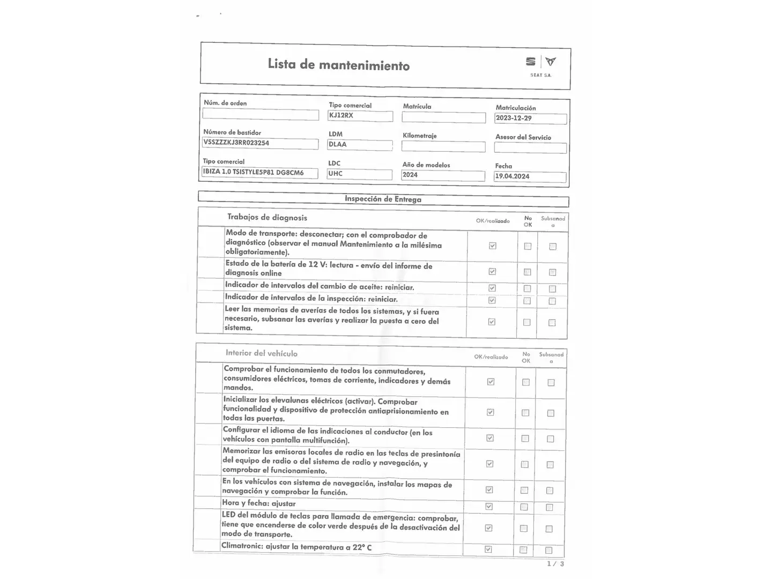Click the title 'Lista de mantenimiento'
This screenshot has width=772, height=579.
coord(338,65)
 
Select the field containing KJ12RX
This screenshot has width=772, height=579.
coord(360,116)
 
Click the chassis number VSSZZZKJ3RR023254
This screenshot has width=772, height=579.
coord(260,143)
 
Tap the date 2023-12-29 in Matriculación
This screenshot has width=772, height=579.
coord(530,118)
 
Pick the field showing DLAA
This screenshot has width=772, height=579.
coord(359,145)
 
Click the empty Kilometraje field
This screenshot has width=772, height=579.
coord(443,146)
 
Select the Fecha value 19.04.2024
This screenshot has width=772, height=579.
coord(529,176)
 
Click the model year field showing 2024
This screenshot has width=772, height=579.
coord(442,175)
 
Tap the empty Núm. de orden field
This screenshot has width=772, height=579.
coord(261,114)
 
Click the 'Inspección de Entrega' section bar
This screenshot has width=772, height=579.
coord(383,199)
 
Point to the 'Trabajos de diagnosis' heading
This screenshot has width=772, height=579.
coord(267,218)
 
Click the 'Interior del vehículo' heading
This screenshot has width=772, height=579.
coord(261,353)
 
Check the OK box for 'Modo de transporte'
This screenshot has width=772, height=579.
coord(492,246)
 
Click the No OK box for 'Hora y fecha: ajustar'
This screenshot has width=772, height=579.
coord(524,507)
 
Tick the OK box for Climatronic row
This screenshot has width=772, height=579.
coord(488,550)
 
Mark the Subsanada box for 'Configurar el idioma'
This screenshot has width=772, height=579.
coord(550,439)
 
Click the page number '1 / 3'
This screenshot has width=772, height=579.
coord(555,564)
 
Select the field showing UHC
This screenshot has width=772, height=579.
coord(359,174)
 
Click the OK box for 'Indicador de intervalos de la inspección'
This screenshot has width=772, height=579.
coord(492,301)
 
